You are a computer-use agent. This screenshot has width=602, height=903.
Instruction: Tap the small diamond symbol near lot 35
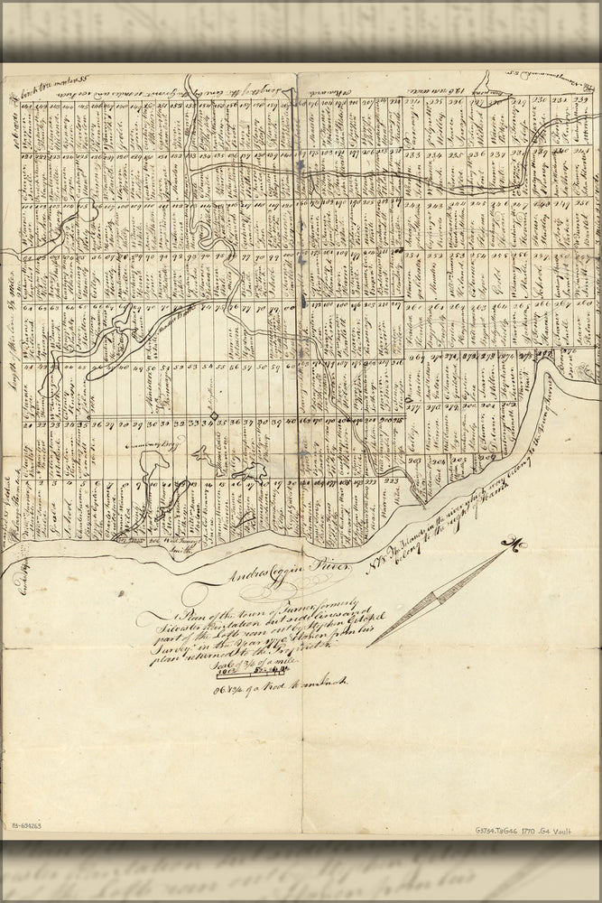(x=213, y=415)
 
